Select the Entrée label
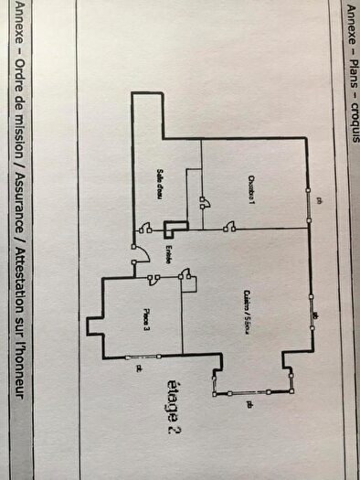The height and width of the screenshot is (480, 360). pos(169,252)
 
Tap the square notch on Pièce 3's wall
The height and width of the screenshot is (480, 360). pos(93,326)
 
